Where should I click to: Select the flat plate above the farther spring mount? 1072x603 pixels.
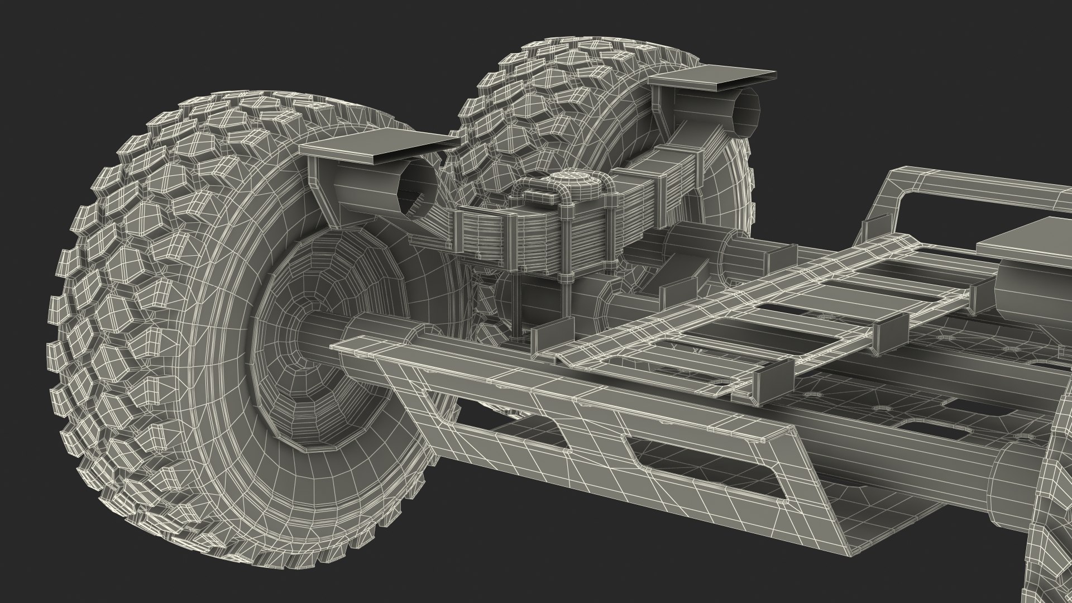point(715,78)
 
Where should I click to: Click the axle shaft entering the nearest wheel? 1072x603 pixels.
point(324,329)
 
